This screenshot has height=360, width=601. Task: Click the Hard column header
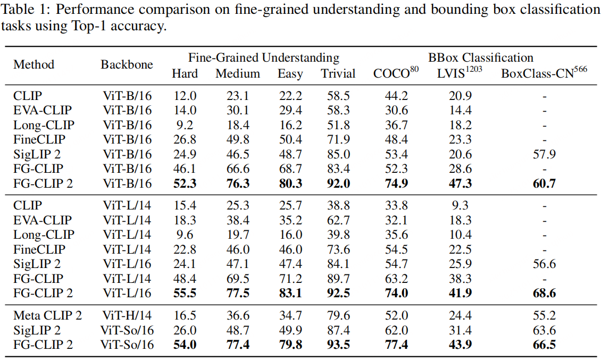[185, 74]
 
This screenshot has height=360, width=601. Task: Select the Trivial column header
[338, 74]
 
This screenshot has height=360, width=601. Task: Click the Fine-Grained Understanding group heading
[263, 57]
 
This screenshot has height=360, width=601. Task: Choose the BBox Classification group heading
[480, 57]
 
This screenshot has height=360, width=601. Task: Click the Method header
[34, 65]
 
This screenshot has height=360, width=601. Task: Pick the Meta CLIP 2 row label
[48, 316]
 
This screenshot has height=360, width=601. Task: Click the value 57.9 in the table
[544, 155]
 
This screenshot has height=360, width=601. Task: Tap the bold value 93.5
[338, 345]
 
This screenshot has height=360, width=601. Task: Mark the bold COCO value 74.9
[396, 184]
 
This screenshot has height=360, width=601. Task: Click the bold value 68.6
[544, 293]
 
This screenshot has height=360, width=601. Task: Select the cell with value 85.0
[338, 155]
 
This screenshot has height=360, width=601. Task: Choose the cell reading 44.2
[396, 96]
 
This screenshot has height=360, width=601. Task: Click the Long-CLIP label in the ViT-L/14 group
[44, 235]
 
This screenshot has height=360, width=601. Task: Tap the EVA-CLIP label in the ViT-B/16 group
[43, 111]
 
